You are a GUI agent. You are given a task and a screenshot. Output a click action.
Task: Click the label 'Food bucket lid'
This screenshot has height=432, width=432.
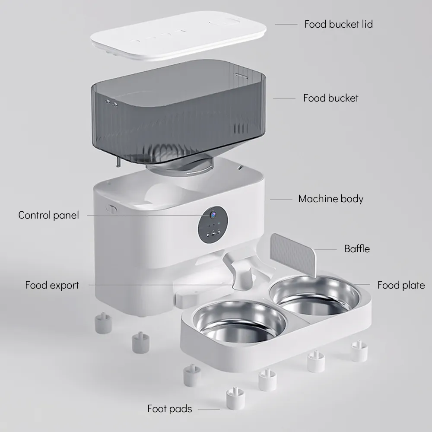pos(338,24)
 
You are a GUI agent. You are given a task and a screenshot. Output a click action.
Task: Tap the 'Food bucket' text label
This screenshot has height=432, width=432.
pos(330,98)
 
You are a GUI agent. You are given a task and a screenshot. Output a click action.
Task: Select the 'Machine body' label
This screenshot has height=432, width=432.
pos(330,199)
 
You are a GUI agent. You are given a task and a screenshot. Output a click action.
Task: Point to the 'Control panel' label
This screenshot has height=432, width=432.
pos(48,215)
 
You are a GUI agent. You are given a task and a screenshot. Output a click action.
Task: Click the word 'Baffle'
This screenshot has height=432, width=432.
pos(357,249)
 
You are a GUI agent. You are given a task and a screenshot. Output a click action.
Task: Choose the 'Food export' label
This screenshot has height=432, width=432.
pos(52,285)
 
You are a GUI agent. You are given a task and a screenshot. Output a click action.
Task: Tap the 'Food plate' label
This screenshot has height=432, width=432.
pos(401,285)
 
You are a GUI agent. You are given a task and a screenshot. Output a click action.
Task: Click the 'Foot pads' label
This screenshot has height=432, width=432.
pos(170,409)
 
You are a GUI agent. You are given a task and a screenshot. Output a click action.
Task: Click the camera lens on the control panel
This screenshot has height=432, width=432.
pos(213,214)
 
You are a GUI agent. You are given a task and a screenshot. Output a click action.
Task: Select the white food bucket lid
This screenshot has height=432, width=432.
pos(178,35)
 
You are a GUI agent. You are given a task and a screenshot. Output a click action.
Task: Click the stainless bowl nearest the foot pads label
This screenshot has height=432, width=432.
pos(239,321)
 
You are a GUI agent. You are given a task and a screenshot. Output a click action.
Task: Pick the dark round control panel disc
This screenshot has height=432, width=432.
pos(213,225)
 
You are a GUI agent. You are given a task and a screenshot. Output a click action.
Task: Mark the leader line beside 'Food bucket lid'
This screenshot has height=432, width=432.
pos(286,24)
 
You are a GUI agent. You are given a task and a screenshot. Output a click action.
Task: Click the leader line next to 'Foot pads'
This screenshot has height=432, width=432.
pos(209,410)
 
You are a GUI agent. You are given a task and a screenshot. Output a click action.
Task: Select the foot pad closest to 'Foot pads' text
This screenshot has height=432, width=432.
pos(235,399)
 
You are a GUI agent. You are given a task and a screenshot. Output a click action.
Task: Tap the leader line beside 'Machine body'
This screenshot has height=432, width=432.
pos(281,199)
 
